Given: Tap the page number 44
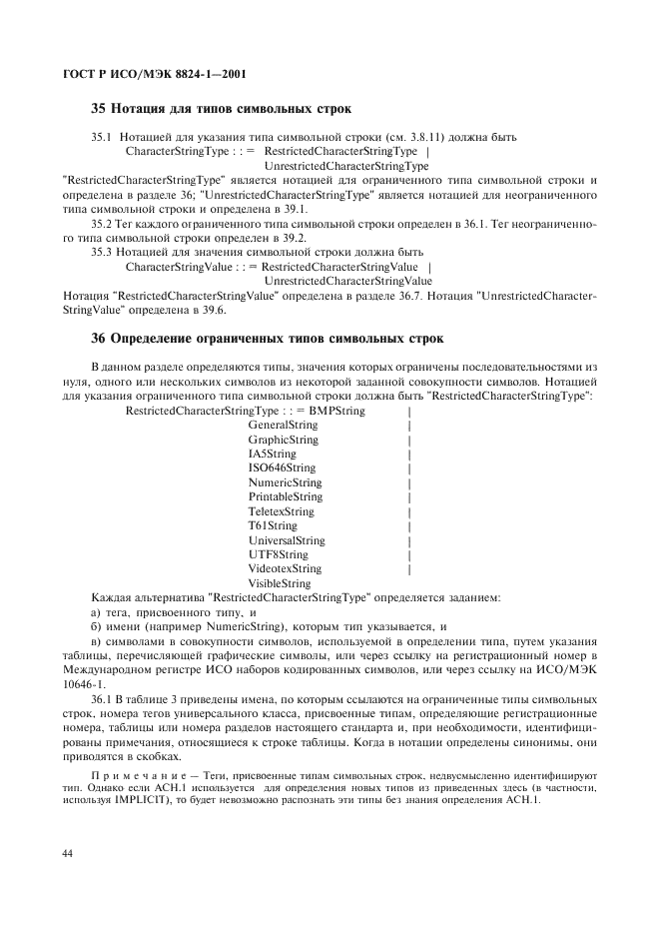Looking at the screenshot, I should click(68, 853).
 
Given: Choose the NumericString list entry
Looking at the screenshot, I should click(285, 482).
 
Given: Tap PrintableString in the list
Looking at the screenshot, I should click(285, 496).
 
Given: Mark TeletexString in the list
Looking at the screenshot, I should click(281, 511).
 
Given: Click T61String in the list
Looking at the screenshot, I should click(272, 525).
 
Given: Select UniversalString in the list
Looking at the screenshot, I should click(286, 540).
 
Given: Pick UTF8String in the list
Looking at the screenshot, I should click(278, 554).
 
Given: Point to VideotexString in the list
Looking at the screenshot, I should click(285, 568).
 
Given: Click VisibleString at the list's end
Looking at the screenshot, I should click(279, 583).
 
